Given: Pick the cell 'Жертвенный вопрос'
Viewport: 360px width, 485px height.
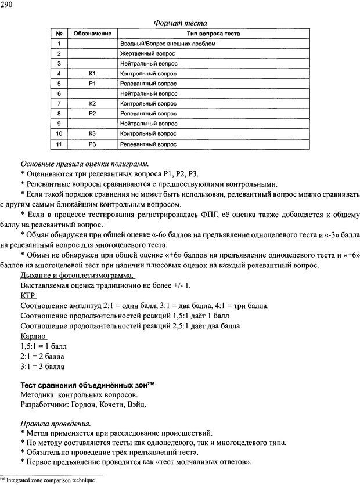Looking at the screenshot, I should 147,53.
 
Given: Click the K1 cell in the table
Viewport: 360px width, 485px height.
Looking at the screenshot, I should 92,73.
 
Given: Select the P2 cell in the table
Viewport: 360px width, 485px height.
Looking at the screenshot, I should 92,113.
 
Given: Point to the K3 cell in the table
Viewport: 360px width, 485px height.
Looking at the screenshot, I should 92,133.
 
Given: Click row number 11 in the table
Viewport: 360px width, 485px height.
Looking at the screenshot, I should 59,143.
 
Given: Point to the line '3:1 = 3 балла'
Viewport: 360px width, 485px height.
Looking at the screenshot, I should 42,367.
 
